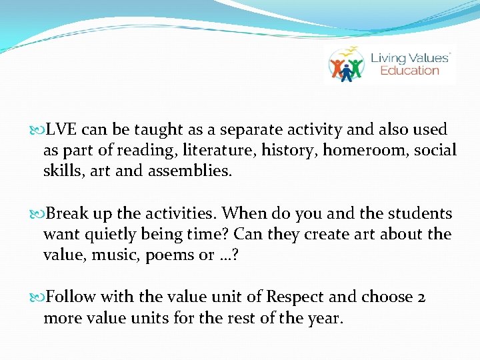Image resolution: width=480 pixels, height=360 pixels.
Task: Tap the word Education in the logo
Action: [x=409, y=71]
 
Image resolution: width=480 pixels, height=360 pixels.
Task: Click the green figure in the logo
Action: [x=357, y=67]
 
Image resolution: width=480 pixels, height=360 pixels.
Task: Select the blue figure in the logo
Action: [x=346, y=71]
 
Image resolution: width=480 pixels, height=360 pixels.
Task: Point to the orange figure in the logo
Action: [x=336, y=67]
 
